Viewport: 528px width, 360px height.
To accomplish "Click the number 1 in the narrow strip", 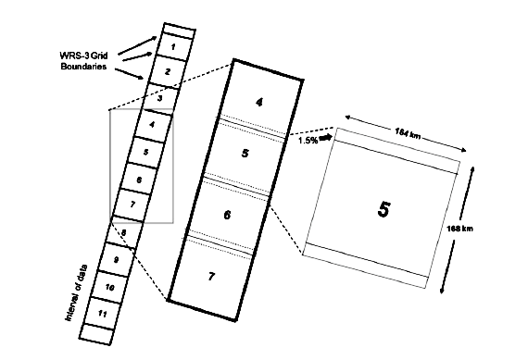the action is point(173,47).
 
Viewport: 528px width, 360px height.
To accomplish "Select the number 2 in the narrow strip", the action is point(168,71).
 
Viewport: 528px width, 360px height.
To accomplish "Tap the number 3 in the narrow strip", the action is point(160,99).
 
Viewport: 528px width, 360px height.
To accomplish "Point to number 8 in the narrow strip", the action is point(124,232).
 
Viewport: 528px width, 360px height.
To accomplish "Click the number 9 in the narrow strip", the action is point(116,260).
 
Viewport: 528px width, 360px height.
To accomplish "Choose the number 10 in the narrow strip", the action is point(110,287).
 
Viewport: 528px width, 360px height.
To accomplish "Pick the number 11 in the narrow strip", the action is point(103,314).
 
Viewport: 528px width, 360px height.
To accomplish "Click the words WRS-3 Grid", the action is point(84,56).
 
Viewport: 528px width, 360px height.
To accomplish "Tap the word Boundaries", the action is point(83,67).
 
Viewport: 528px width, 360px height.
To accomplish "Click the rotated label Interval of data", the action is point(77,292).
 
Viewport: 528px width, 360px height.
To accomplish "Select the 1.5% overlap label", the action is point(308,141).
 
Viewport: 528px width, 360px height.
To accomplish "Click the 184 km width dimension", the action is point(408,133).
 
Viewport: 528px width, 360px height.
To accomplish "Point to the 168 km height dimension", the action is point(459,229).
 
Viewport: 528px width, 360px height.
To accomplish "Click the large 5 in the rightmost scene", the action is point(383,209).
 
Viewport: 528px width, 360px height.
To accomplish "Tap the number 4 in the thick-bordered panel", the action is point(259,103).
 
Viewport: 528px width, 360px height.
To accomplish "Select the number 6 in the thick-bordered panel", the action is point(227,215).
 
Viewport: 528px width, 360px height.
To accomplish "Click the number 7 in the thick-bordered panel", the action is point(211,276).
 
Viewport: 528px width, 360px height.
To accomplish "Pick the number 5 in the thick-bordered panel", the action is point(245,153).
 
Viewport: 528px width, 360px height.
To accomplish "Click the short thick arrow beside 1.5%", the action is point(326,137).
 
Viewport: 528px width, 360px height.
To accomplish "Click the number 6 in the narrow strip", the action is point(139,180).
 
